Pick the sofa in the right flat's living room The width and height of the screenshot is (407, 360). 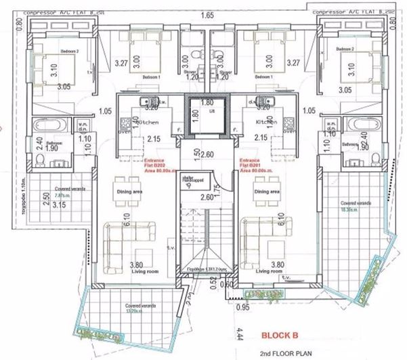[x=260, y=237]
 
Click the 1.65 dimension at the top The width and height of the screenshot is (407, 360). [x=208, y=14]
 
